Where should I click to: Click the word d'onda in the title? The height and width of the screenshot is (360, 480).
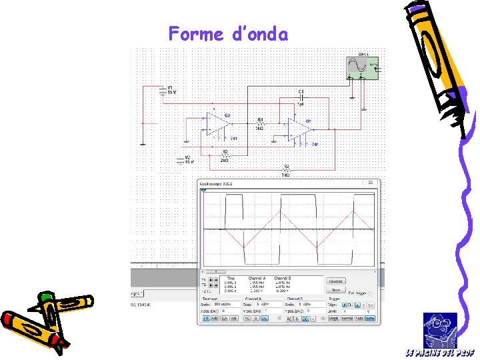(261, 33)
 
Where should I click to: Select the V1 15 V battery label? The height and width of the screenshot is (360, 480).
(171, 89)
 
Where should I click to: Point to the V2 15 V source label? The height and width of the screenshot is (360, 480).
(189, 160)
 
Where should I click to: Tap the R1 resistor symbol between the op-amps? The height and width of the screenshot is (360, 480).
(261, 124)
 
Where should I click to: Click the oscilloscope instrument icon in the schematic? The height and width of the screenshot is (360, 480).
(363, 66)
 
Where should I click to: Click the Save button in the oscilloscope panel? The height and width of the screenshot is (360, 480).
(335, 290)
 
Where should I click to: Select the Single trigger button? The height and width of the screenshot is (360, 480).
(333, 319)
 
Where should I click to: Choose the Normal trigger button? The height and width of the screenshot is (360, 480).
(347, 319)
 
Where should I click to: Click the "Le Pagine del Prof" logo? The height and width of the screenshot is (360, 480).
(440, 333)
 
